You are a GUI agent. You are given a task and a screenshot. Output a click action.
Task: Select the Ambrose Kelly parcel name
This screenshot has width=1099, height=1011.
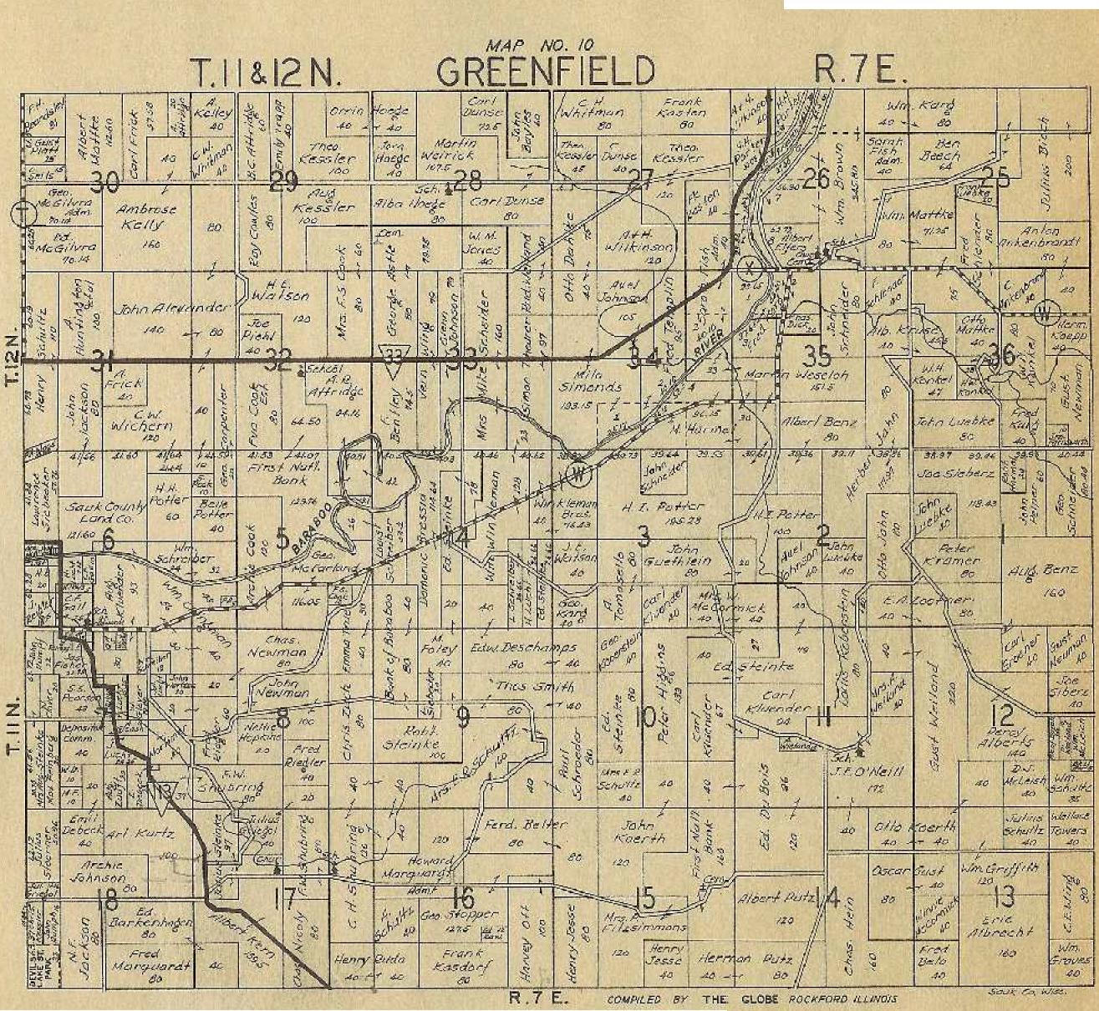147,216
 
